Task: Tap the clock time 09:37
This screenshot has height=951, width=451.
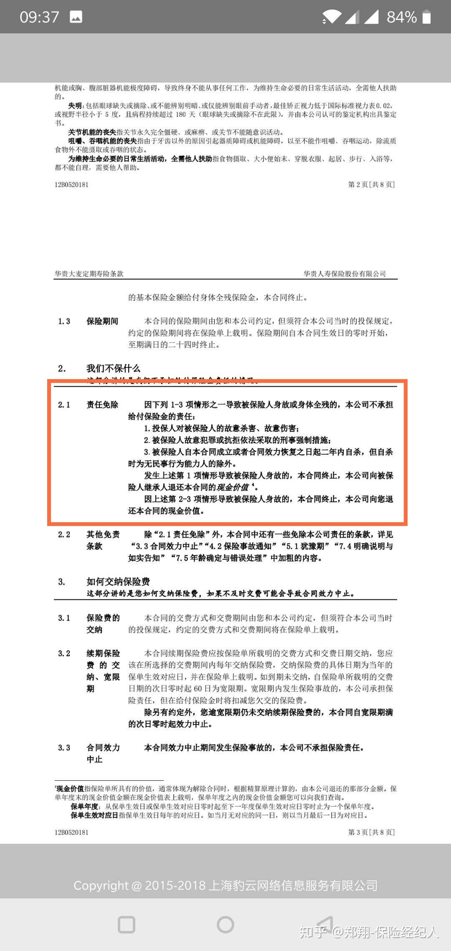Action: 39,17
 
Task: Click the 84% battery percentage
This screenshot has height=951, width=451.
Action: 401,17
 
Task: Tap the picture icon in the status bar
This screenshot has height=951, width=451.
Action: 76,17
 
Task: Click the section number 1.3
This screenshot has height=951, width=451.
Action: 64,321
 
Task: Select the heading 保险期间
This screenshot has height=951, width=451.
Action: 102,321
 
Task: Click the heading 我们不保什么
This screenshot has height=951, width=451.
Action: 113,368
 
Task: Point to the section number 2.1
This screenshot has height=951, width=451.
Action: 64,405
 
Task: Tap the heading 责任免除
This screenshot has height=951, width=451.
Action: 102,405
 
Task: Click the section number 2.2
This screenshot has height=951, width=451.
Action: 64,534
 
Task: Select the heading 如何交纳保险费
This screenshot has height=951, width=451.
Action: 118,581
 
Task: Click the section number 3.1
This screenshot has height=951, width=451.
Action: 64,618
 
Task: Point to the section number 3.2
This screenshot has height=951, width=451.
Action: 64,653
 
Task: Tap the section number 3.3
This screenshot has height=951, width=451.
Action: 64,747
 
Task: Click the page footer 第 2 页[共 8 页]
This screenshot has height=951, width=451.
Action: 371,184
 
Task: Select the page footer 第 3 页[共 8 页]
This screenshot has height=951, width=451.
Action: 371,832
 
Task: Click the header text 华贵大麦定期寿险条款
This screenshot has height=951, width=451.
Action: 89,274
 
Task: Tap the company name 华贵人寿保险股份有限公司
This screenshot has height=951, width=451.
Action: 345,274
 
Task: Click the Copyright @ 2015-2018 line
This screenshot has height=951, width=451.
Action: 225,885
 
